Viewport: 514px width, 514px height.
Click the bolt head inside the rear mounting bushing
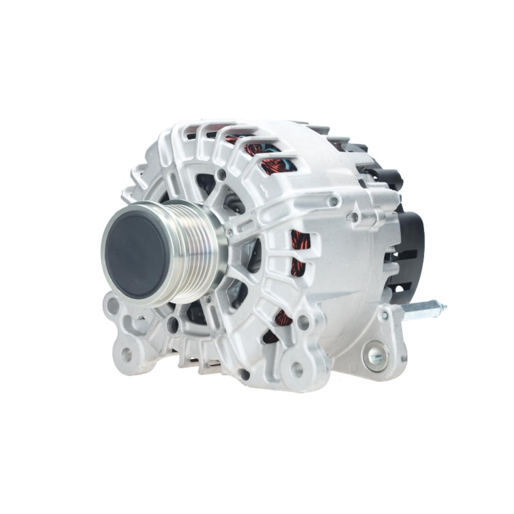pos(376,354)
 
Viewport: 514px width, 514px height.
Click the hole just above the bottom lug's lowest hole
pos(303,323)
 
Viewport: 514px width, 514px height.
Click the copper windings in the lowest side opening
pos(282,319)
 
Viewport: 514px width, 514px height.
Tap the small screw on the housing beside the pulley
pos(229,234)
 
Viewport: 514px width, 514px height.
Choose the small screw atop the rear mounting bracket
pos(384,315)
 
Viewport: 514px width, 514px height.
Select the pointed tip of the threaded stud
pos(444,307)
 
